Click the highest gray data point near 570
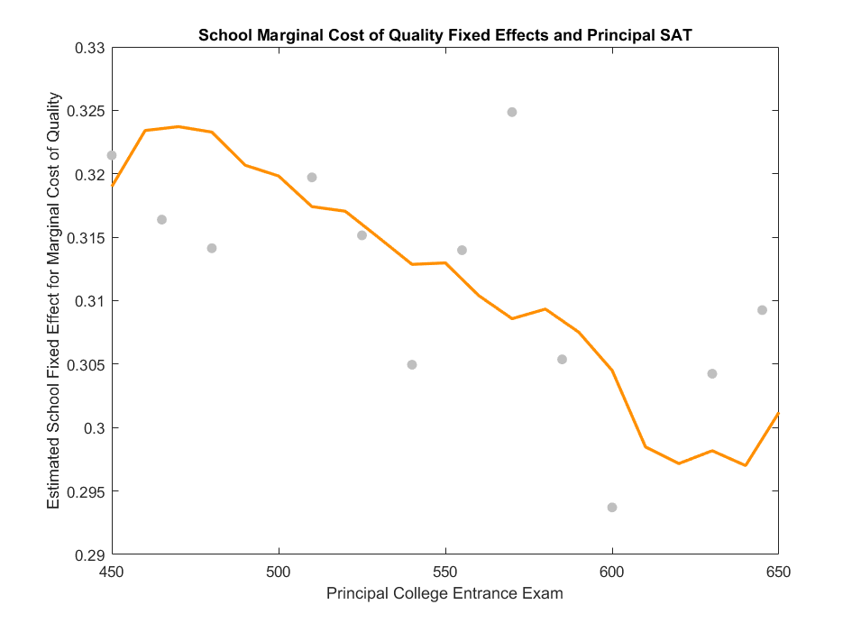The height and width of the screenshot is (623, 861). tap(512, 112)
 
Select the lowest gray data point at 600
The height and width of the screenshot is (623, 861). tap(612, 508)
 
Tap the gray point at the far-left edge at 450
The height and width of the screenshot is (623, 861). tap(112, 155)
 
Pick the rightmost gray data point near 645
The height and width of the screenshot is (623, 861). tap(762, 310)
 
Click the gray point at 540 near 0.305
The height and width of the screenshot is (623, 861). tap(412, 364)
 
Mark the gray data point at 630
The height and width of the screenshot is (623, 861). tap(712, 373)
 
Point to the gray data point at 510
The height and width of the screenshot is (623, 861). tap(312, 178)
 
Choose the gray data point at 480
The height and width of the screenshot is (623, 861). tap(212, 248)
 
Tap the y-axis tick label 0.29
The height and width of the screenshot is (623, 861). tap(89, 554)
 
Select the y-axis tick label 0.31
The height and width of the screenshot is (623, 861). tap(89, 301)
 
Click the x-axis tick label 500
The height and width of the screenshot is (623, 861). tap(279, 573)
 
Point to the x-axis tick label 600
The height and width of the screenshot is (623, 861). tap(612, 573)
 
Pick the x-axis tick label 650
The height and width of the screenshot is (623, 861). tap(778, 573)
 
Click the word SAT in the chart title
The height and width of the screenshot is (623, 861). tap(677, 35)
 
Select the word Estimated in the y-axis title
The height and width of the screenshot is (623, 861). tap(54, 476)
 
